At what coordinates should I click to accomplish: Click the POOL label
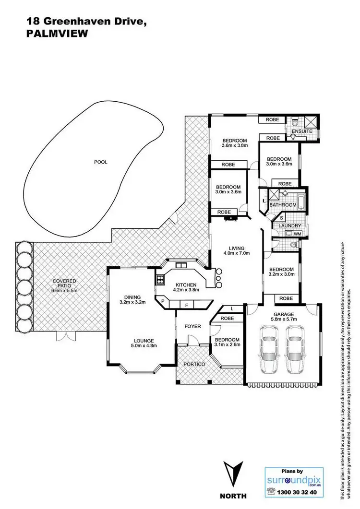pos(100,162)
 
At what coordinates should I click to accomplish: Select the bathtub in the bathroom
pos(294,201)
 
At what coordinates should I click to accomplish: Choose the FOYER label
pos(192,327)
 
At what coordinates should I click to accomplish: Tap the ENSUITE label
pos(303,131)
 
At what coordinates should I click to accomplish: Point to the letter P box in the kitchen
pos(163,301)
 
